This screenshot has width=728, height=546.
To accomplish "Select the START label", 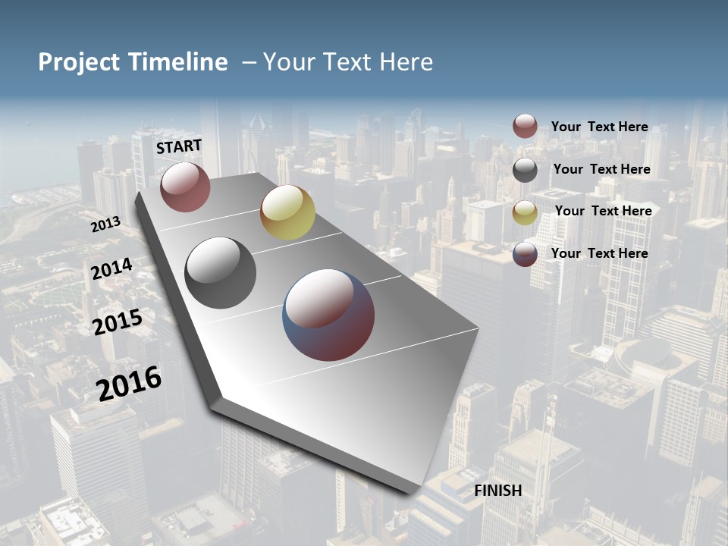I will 179,146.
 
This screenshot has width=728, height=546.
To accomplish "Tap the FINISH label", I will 498,491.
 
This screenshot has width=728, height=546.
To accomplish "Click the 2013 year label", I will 106,224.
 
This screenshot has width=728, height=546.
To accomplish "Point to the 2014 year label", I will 112,269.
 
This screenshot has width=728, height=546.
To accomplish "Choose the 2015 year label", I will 118,322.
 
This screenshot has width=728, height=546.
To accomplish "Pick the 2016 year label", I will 129,383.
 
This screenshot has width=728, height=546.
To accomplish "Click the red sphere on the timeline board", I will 185,187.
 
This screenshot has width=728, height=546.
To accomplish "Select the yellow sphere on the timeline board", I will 287,212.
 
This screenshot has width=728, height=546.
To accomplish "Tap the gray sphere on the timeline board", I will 221,273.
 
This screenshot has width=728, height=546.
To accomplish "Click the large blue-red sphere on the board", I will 328,315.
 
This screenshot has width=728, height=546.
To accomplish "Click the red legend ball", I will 525,127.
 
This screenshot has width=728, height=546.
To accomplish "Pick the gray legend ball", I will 525,170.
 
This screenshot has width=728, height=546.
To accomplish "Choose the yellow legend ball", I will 525,212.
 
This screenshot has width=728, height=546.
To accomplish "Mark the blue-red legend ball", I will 525,254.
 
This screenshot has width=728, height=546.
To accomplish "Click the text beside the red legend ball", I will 599,127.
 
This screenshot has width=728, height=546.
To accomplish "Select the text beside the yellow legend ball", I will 603,211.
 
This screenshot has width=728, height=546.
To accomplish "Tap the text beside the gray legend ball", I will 601,169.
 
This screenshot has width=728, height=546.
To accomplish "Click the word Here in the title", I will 406,62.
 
